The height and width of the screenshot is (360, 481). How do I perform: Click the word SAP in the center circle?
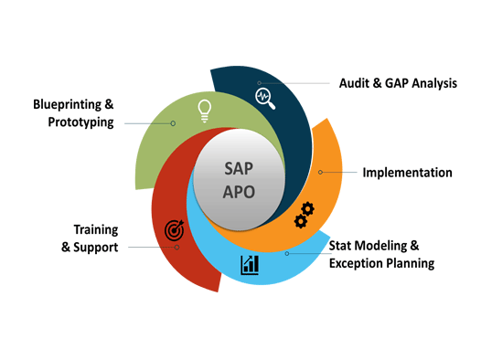[x=239, y=169]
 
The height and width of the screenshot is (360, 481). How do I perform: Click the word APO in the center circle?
[x=239, y=193]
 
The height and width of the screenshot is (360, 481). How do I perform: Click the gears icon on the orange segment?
[x=304, y=216]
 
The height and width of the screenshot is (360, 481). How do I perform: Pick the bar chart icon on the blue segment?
[x=250, y=265]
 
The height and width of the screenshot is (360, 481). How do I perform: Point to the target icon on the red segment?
[x=174, y=230]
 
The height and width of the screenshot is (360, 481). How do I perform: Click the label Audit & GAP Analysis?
[x=397, y=83]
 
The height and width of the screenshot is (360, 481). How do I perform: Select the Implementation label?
[x=407, y=172]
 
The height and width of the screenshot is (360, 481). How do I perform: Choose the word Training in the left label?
[x=96, y=229]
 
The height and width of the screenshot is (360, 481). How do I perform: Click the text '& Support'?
[x=90, y=247]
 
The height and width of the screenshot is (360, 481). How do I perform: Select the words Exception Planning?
[x=381, y=263]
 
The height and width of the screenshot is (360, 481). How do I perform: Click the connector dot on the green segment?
[x=174, y=122]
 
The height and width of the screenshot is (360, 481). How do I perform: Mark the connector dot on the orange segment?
[x=320, y=172]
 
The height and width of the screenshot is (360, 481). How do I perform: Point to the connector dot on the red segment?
[x=177, y=247]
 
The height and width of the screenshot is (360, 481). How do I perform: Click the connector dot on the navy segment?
[x=260, y=83]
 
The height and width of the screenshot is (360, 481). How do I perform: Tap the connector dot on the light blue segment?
[x=286, y=253]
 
